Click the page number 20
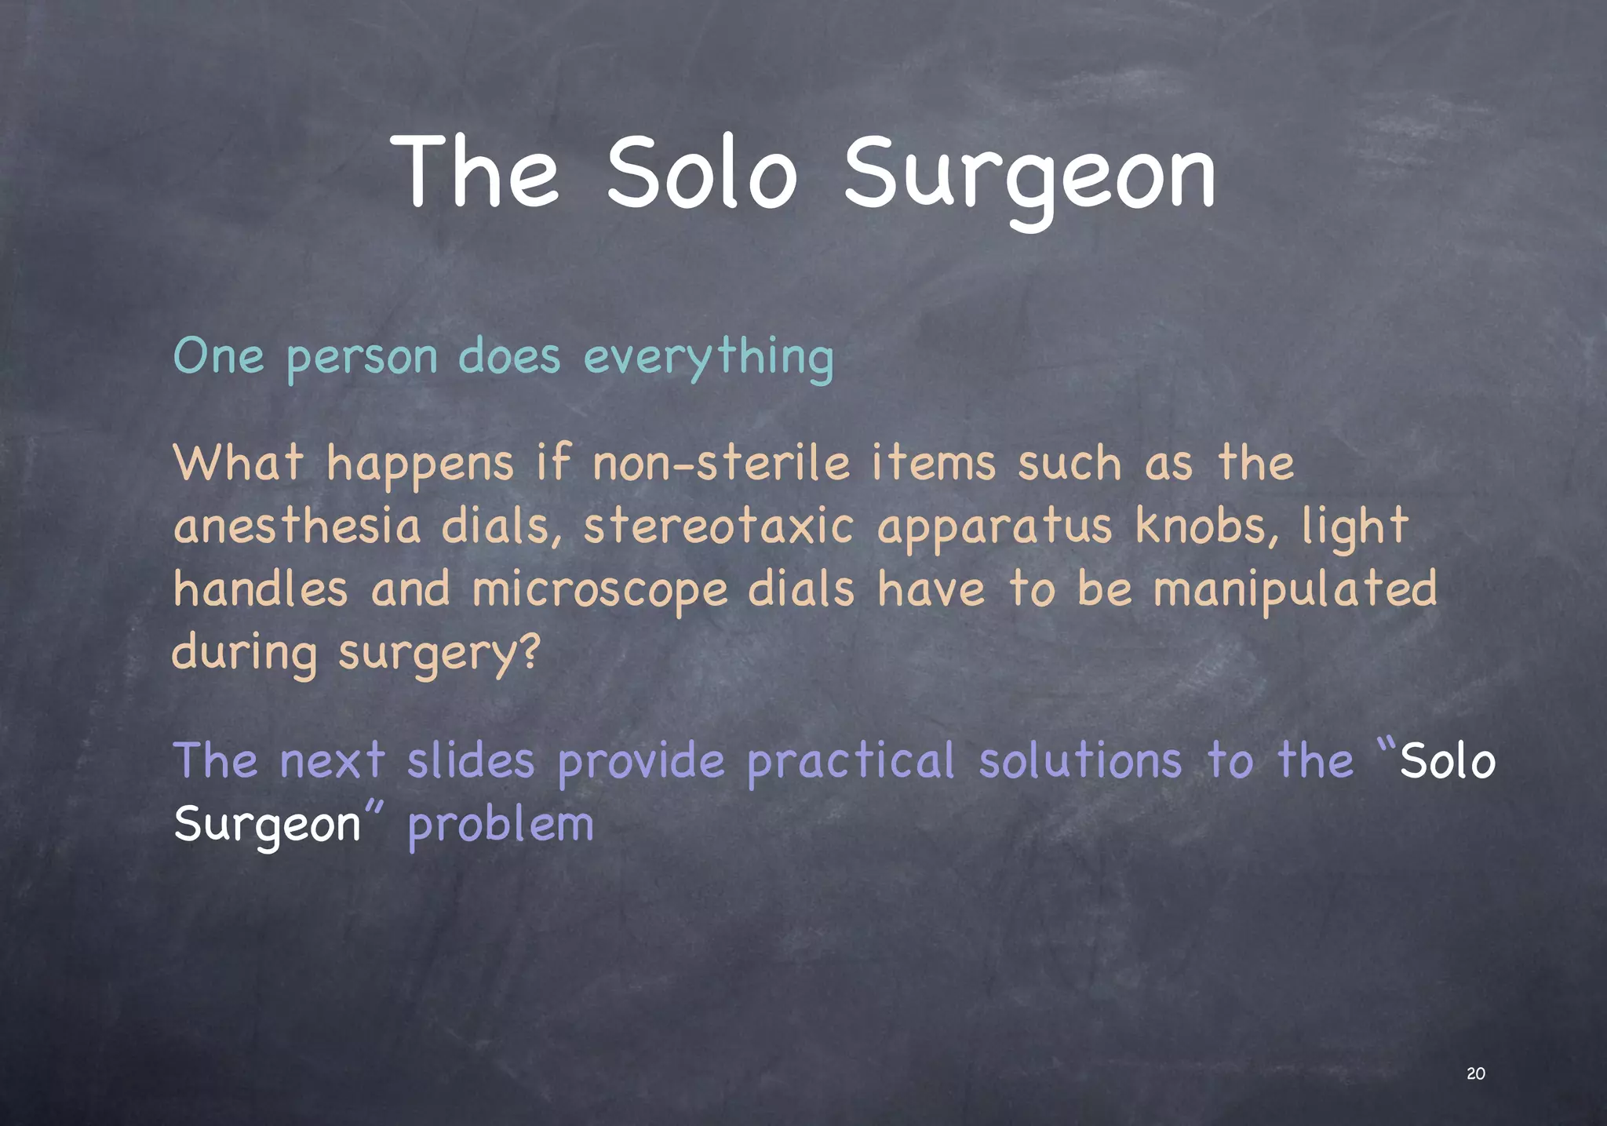coord(1475,1073)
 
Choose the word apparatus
coord(994,528)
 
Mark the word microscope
coord(600,591)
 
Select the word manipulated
coord(1295,591)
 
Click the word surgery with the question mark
coord(439,654)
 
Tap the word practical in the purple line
coord(850,761)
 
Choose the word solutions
coord(1080,761)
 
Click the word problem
coord(501,825)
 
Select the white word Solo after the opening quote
coord(1448,761)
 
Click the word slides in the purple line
coord(471,761)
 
